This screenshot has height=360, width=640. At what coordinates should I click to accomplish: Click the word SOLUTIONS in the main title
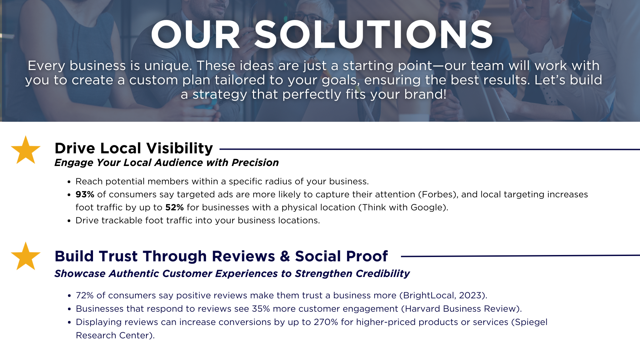click(373, 35)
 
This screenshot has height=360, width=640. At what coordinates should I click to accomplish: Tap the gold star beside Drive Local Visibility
click(26, 150)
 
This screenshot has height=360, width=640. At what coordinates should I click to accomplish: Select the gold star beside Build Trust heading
click(26, 256)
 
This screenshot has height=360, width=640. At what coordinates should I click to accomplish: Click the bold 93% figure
click(85, 194)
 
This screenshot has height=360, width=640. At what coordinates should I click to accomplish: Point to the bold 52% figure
click(174, 207)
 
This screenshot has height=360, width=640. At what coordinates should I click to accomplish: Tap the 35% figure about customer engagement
click(261, 309)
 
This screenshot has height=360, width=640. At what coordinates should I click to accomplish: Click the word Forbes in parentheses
click(438, 194)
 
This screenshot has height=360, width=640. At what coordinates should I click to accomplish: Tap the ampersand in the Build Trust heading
click(285, 256)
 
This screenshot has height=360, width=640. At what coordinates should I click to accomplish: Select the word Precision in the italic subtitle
click(255, 163)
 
